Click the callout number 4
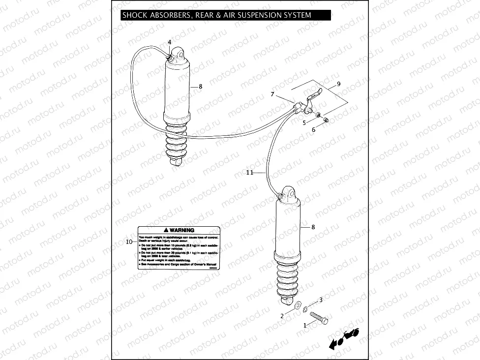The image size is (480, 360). click(x=170, y=42)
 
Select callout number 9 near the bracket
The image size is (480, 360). click(x=338, y=84)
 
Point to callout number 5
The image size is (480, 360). click(x=304, y=122)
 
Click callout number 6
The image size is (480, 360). click(x=313, y=130)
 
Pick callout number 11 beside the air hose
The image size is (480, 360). click(x=250, y=173)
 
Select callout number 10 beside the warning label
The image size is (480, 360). click(x=129, y=241)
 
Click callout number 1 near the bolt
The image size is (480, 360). click(x=305, y=325)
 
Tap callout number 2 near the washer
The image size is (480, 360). click(x=282, y=316)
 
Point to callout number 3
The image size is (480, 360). click(x=321, y=300)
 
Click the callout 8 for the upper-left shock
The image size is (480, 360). click(x=200, y=87)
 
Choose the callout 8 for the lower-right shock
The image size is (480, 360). click(x=313, y=227)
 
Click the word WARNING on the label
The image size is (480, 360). click(x=182, y=230)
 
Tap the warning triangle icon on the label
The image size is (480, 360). click(x=166, y=230)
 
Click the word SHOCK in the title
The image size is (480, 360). click(x=134, y=15)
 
